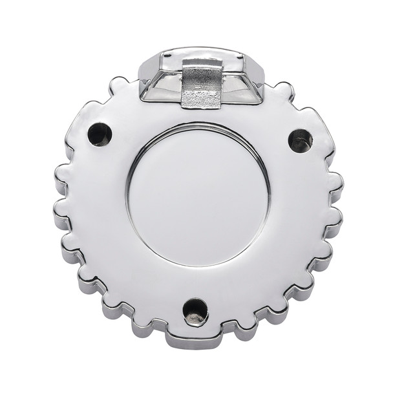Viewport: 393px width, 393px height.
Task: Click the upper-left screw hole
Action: click(x=100, y=134)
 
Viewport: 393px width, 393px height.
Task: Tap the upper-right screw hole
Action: click(x=300, y=140)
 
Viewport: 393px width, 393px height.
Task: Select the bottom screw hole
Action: click(x=195, y=312)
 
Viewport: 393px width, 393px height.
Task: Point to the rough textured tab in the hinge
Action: click(x=202, y=87)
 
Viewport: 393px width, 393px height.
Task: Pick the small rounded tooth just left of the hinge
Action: click(x=118, y=85)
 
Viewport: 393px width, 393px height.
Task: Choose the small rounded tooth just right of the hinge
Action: click(x=282, y=91)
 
